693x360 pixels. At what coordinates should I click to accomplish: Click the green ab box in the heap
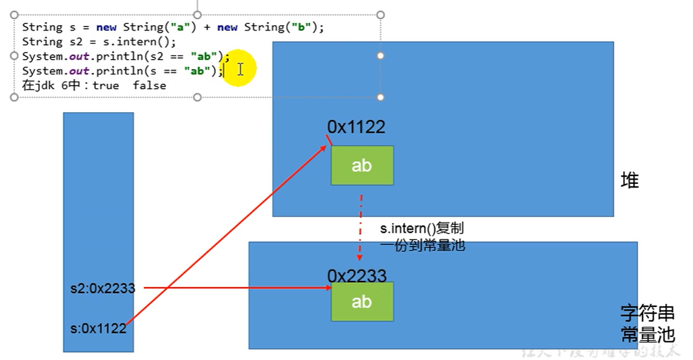click(x=362, y=165)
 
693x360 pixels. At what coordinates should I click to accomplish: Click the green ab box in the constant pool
click(x=362, y=302)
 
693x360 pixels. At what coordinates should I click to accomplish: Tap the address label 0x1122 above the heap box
click(x=356, y=127)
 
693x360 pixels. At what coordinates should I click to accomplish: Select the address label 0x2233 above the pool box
click(x=356, y=276)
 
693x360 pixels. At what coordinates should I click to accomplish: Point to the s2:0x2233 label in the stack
click(x=103, y=288)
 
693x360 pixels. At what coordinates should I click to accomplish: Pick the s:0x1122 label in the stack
click(x=98, y=328)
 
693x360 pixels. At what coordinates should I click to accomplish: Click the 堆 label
click(x=629, y=180)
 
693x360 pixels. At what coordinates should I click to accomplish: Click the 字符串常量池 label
click(x=647, y=324)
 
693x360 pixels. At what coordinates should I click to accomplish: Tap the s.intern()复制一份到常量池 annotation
click(x=422, y=237)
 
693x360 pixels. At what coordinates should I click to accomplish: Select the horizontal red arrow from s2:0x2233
click(x=235, y=288)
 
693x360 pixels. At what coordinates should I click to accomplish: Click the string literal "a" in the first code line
click(x=180, y=27)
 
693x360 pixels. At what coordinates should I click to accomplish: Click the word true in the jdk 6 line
click(x=106, y=86)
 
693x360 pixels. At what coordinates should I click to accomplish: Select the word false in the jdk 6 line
click(x=149, y=86)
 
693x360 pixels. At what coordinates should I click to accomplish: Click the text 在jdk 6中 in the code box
click(x=51, y=86)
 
